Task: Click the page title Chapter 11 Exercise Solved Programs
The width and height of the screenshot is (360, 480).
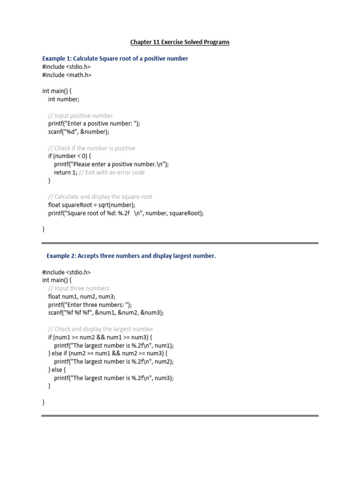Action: click(x=180, y=42)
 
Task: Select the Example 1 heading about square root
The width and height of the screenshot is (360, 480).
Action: click(x=115, y=59)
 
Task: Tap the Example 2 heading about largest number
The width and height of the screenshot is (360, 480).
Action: click(x=131, y=255)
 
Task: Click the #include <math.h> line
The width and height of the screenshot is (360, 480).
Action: click(x=67, y=75)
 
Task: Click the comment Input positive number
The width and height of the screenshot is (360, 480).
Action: click(x=80, y=116)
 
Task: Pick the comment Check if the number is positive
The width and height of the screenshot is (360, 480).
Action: click(x=91, y=148)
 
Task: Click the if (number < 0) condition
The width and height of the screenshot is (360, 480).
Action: click(x=70, y=156)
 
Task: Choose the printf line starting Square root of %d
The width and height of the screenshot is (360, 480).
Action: click(x=126, y=213)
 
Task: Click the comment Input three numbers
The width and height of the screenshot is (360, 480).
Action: click(x=78, y=288)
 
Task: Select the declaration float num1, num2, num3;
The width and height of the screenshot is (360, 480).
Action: click(x=82, y=296)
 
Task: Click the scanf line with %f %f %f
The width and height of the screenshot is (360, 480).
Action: click(x=106, y=313)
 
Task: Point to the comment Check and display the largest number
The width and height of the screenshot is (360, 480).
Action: click(x=100, y=329)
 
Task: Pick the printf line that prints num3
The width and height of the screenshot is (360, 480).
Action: click(x=114, y=378)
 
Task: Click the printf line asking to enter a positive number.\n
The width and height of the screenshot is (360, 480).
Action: click(x=111, y=165)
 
